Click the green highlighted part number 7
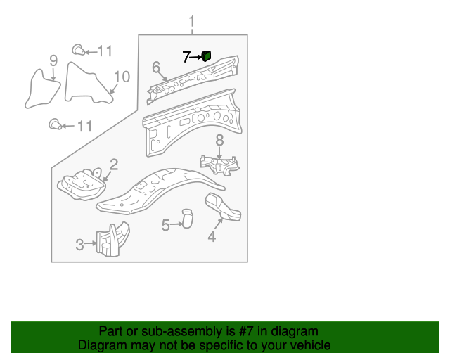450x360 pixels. [x=206, y=56]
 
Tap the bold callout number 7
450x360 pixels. [x=186, y=57]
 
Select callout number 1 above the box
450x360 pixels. [x=192, y=22]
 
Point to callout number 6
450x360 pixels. [x=156, y=67]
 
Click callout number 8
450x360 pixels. [x=219, y=141]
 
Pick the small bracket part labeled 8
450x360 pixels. [x=220, y=165]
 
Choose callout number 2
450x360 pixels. [x=114, y=165]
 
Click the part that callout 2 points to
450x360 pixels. [x=82, y=184]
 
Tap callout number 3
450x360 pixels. [x=79, y=245]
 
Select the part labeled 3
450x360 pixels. [x=112, y=239]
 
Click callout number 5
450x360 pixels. [x=166, y=225]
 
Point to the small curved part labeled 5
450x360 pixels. [x=187, y=219]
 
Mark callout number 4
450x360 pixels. [x=212, y=236]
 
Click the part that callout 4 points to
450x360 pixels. [x=224, y=207]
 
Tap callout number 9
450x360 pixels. [x=53, y=60]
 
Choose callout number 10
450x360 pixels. [x=122, y=77]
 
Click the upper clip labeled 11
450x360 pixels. [x=78, y=50]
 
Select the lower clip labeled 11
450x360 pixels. [x=55, y=124]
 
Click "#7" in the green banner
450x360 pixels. [x=245, y=331]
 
